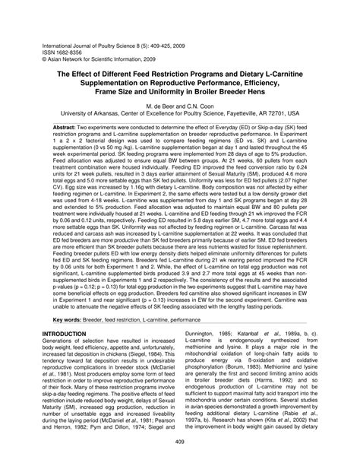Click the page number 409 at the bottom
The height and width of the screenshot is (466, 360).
(180, 443)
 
